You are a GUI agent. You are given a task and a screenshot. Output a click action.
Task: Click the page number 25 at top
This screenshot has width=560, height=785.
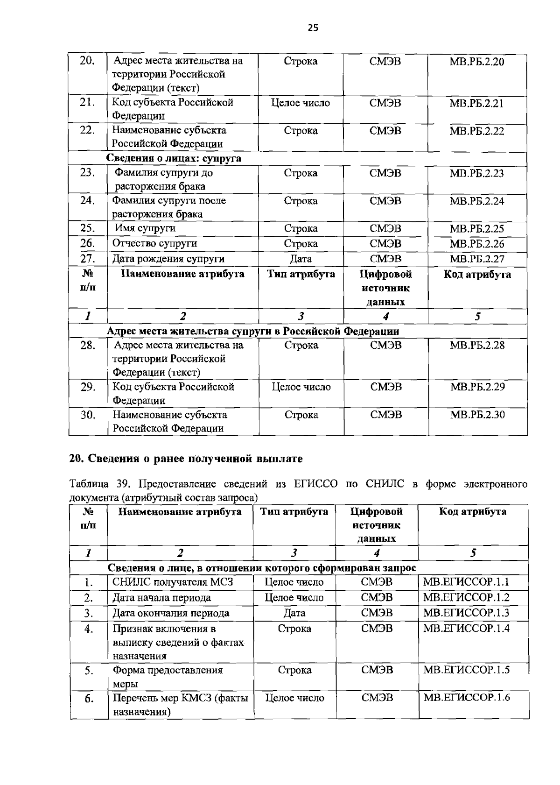pos(313,28)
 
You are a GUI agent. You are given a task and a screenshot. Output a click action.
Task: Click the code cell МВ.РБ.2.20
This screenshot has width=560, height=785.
pos(476,62)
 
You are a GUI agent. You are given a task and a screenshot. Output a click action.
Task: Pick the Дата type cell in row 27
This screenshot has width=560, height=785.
pos(301,259)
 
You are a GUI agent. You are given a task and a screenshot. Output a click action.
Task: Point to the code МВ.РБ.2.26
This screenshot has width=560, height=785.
pos(476,244)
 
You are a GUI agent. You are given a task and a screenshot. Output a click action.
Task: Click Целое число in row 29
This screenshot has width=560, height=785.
pos(301,387)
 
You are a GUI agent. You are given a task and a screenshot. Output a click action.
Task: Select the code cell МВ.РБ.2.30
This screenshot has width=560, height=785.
pos(477,415)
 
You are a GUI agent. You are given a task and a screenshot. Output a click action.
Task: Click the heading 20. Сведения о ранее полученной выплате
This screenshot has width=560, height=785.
pos(186,459)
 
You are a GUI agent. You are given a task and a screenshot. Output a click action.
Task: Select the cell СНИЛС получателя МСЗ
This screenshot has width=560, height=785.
pos(173,582)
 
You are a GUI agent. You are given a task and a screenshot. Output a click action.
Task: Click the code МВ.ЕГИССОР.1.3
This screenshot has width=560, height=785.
pos(466,613)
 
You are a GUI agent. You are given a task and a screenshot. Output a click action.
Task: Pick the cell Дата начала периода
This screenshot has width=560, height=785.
pos(161,598)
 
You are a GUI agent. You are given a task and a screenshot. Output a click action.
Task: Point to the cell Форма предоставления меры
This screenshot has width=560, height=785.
pos(168,676)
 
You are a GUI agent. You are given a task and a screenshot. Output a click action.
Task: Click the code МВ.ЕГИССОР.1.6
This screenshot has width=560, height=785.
pos(466,698)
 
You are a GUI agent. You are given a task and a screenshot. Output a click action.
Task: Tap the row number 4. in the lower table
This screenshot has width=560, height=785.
pos(89,629)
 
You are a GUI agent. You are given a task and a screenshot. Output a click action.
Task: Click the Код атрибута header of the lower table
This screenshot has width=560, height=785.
pos(472,512)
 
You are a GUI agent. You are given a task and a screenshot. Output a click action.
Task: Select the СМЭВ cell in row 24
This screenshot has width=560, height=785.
pos(385,201)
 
